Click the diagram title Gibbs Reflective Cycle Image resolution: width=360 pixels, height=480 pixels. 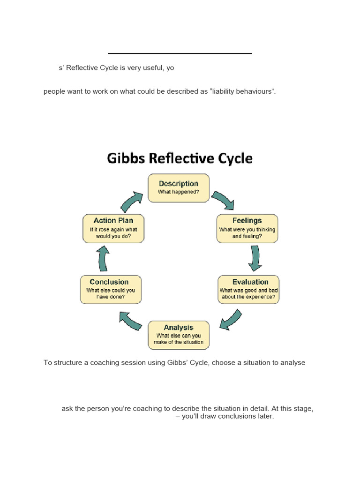click(180, 158)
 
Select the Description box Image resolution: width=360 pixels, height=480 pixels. click(179, 187)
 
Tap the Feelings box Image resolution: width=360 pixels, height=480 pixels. click(247, 228)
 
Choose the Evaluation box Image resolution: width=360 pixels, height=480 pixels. click(248, 289)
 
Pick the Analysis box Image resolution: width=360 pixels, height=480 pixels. click(179, 335)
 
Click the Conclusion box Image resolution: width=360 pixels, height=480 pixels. click(111, 289)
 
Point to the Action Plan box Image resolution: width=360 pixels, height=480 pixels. click(113, 228)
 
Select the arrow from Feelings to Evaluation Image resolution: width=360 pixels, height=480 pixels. click(255, 257)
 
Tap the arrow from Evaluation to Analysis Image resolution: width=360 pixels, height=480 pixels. click(231, 319)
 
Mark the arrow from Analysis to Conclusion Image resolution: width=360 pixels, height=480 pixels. click(130, 320)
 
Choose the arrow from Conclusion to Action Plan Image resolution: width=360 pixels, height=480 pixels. click(103, 258)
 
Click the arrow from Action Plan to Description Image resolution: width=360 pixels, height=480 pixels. click(132, 201)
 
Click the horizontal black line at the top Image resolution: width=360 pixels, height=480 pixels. click(180, 53)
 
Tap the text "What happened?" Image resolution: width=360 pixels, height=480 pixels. click(179, 192)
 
